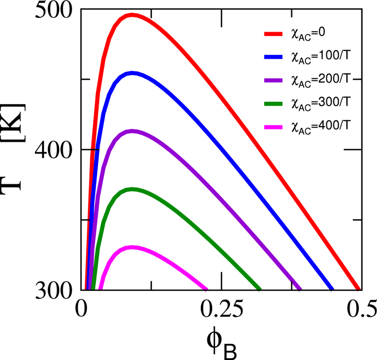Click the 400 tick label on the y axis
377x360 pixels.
coord(56,150)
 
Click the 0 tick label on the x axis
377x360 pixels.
coord(82,308)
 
